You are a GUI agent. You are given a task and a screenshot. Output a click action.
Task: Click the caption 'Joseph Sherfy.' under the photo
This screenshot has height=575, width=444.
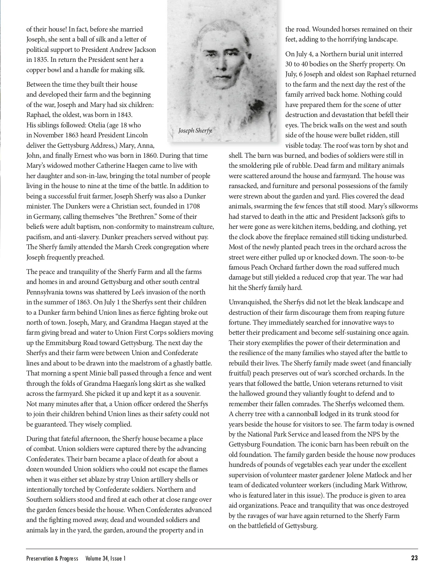tap(195, 130)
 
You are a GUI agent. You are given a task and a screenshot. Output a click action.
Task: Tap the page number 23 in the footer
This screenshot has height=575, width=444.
tap(414, 558)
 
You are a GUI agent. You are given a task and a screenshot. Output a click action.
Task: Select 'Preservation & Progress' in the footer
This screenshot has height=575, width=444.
tap(52, 558)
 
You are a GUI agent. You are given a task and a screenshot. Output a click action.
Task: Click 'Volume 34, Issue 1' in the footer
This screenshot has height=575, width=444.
tap(105, 558)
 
